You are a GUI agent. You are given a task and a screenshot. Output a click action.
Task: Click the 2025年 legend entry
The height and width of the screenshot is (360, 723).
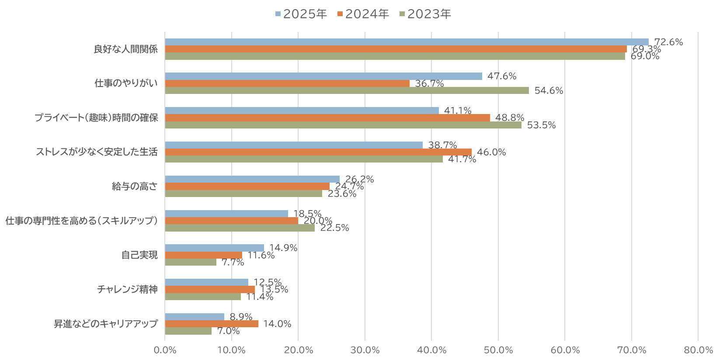[x=301, y=14]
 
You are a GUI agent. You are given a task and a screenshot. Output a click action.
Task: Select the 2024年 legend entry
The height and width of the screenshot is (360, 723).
[x=363, y=14]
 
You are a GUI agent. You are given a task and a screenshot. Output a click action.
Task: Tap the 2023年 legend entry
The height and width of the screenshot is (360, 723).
[x=425, y=14]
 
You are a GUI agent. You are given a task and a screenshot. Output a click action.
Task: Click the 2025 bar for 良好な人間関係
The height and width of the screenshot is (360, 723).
[x=407, y=42]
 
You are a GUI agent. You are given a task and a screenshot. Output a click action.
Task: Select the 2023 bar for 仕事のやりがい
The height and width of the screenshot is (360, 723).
[x=347, y=90]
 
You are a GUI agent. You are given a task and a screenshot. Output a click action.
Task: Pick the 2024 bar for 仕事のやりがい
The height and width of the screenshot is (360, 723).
[x=287, y=83]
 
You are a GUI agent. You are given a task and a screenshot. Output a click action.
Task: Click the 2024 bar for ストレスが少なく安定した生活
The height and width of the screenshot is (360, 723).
[x=318, y=152]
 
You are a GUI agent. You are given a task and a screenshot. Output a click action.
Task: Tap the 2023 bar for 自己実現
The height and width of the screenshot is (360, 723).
[x=191, y=262]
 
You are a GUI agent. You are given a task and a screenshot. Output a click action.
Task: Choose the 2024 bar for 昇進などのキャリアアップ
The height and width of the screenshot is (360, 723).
[x=212, y=324]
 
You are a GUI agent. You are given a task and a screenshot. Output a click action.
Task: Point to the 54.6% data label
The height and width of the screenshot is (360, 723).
[x=549, y=90]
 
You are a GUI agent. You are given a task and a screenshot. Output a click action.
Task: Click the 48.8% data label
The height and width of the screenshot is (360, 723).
[x=509, y=118]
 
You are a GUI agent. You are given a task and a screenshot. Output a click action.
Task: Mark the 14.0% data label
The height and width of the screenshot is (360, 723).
[x=277, y=324]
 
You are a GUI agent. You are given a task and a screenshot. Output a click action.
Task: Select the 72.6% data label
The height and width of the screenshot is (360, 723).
[x=668, y=42]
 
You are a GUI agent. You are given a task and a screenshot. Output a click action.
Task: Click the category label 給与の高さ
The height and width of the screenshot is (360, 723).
[x=135, y=186]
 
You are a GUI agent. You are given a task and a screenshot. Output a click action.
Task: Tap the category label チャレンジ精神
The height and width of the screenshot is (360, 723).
[x=127, y=289]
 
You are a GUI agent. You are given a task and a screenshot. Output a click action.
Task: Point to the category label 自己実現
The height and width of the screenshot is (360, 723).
[x=139, y=255]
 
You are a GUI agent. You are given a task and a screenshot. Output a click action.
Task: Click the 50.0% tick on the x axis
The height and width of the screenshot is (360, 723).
[x=498, y=350]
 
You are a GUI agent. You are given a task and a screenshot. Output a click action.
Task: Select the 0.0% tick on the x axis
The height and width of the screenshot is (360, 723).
[x=165, y=350]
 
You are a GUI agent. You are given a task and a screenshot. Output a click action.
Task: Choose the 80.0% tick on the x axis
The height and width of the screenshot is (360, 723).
[x=698, y=350]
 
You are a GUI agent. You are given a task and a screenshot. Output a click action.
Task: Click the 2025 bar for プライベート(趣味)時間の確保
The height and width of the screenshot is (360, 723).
[x=302, y=111]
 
